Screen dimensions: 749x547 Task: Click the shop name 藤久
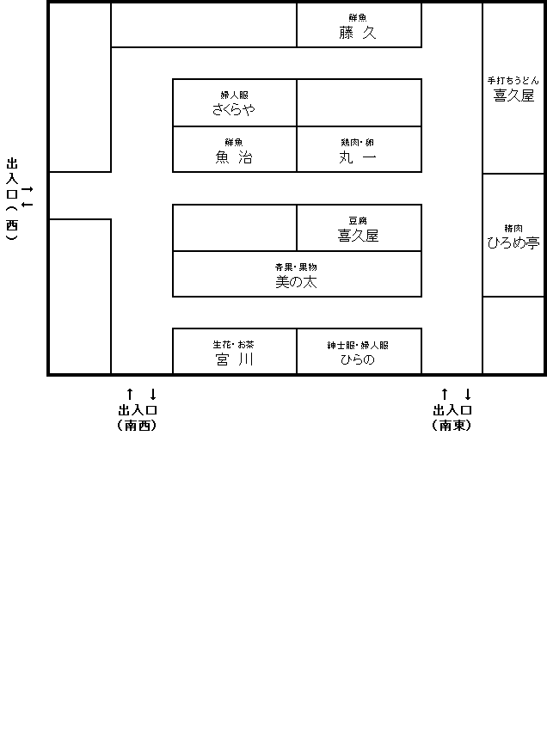[x=358, y=33]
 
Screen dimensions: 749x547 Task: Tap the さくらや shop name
[x=234, y=110]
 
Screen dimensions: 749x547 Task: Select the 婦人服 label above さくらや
[x=234, y=95]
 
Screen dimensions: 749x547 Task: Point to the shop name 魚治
[x=234, y=157]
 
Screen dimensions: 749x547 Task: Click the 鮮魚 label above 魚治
[x=234, y=142]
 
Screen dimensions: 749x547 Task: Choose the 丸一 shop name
[x=358, y=157]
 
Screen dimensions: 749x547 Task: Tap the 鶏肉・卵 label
[x=358, y=142]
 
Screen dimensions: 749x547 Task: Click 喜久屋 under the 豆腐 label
[x=358, y=235]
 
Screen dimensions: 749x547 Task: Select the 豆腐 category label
[x=358, y=220]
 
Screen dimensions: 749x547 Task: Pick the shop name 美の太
[x=296, y=281]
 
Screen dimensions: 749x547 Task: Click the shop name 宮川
[x=234, y=360]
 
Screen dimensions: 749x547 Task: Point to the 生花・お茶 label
[x=234, y=345]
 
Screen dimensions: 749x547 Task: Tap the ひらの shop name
[x=358, y=360]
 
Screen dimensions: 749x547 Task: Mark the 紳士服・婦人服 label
[x=358, y=345]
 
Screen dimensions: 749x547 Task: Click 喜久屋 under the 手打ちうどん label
[x=513, y=95]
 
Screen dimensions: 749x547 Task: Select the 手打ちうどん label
[x=513, y=80]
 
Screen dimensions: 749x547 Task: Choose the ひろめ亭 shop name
[x=513, y=243]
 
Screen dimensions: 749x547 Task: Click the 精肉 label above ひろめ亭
[x=513, y=228]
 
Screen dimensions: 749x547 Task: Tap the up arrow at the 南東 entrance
[x=444, y=394]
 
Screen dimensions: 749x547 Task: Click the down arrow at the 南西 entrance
[x=153, y=394]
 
